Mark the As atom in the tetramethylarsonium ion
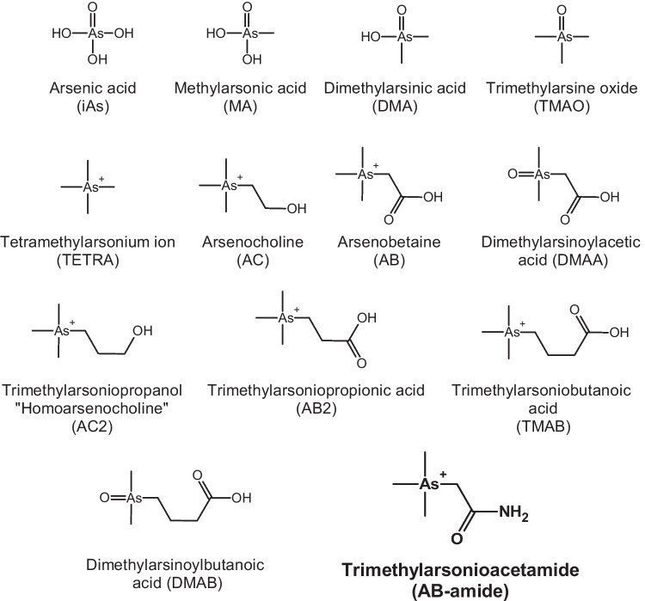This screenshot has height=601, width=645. coord(87,185)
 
